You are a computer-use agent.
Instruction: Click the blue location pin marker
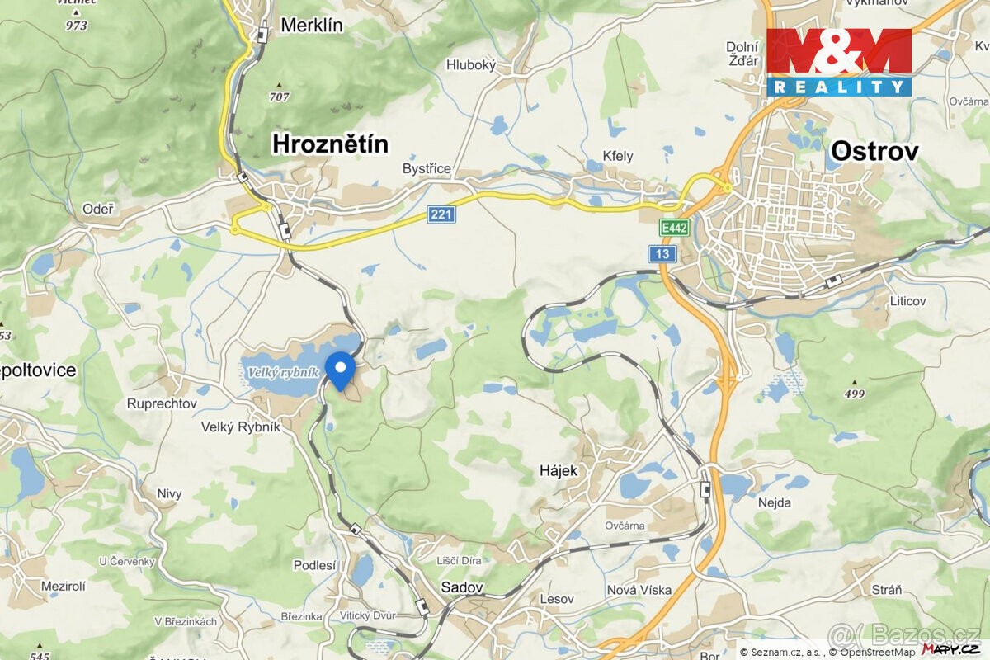340,368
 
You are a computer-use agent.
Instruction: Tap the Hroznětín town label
330,145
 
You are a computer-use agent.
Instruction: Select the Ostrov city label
874,151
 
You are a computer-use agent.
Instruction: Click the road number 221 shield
441,214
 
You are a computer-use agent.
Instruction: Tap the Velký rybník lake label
280,373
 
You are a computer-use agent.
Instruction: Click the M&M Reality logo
839,62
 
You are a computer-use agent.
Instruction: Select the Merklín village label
311,25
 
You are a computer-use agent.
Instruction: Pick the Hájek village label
559,470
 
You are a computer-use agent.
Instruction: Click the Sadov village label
462,587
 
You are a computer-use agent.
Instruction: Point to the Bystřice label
427,169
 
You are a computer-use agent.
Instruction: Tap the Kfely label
618,156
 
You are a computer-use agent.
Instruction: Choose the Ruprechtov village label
162,403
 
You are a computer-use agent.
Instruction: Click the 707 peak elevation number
279,97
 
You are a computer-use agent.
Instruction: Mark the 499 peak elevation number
855,394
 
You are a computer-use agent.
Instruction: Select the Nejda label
774,502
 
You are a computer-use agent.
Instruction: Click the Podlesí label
315,565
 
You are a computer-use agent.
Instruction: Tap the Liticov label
907,301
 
